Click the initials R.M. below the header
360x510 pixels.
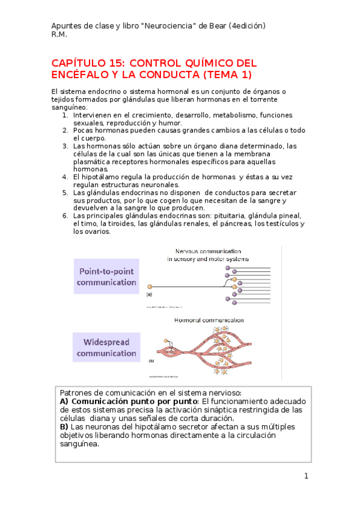point(59,34)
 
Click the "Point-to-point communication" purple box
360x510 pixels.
point(106,276)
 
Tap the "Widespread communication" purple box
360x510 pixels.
point(106,347)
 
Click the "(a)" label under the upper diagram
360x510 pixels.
point(149,295)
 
